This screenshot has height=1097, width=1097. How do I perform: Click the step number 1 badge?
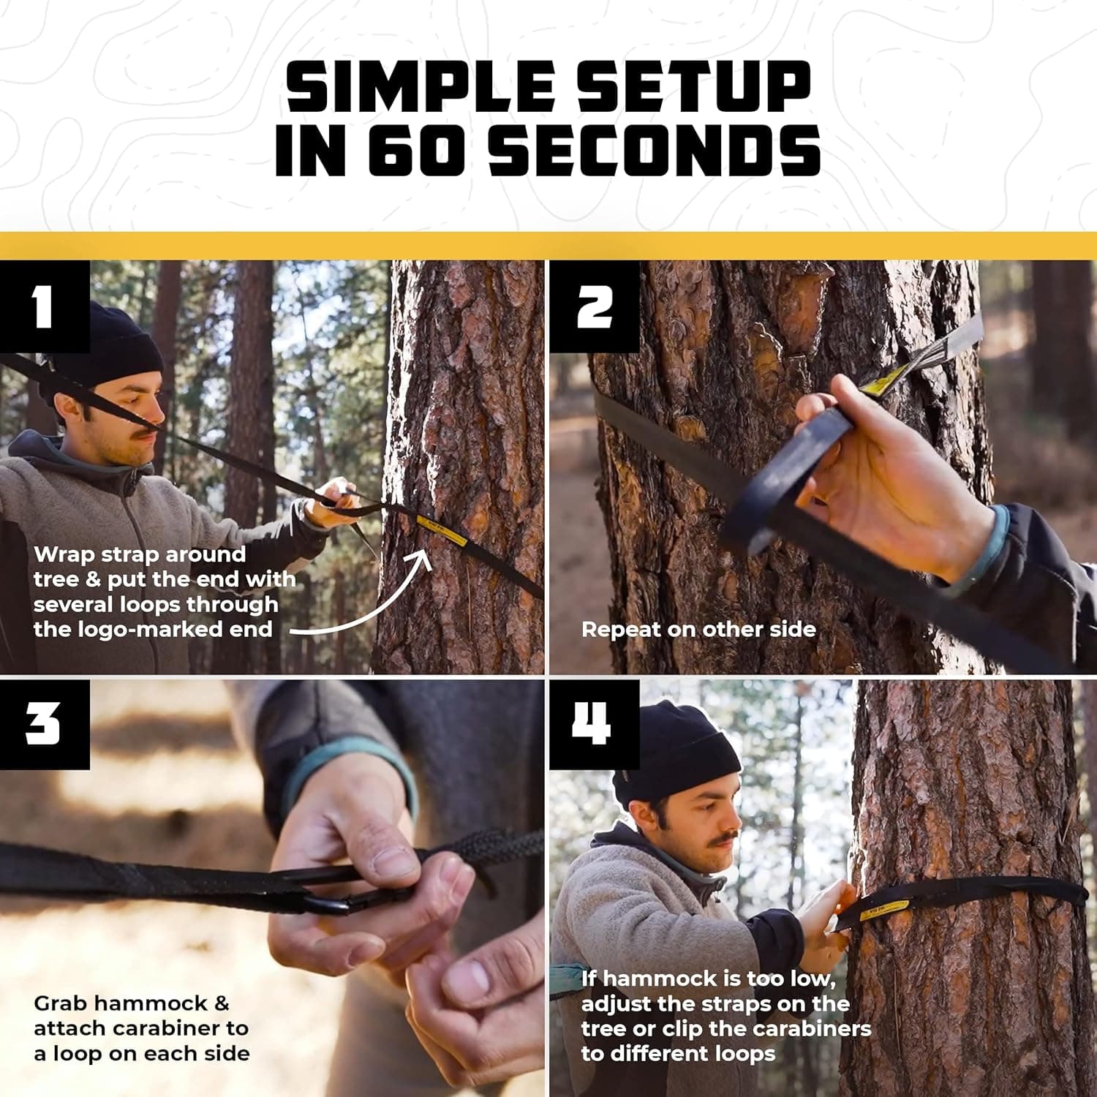click(44, 306)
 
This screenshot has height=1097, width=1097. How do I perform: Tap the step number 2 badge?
click(594, 306)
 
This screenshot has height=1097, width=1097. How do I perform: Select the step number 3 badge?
click(44, 724)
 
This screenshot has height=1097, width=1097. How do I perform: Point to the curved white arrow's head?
click(423, 557)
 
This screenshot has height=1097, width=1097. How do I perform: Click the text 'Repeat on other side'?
click(698, 630)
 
